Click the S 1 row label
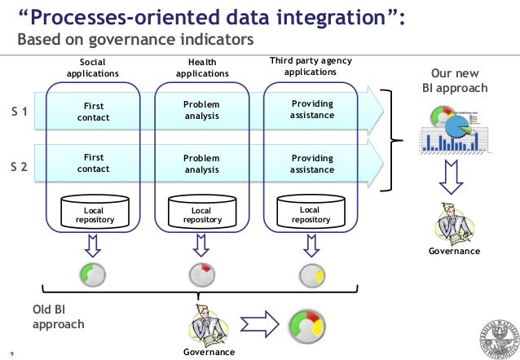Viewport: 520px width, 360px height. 20,112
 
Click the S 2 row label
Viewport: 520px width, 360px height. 20,166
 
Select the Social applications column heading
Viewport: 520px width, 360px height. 93,68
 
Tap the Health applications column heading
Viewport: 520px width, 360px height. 202,68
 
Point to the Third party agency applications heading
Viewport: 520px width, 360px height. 311,66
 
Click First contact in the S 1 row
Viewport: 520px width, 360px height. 94,112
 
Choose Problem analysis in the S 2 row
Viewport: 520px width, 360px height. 201,164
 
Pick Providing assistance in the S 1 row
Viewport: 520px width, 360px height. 312,109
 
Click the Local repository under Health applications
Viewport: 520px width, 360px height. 202,212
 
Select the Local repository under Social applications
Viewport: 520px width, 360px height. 95,212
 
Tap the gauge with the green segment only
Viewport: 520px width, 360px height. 93,274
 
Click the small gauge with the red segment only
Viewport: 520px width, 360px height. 202,274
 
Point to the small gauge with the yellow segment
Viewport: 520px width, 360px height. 312,275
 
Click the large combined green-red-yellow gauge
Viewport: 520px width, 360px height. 307,327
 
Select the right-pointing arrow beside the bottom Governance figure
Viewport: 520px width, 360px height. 260,324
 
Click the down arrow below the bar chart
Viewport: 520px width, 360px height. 451,177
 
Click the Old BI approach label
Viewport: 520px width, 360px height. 59,317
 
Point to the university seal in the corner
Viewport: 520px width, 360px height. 500,340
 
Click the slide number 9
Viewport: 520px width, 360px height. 12,353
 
